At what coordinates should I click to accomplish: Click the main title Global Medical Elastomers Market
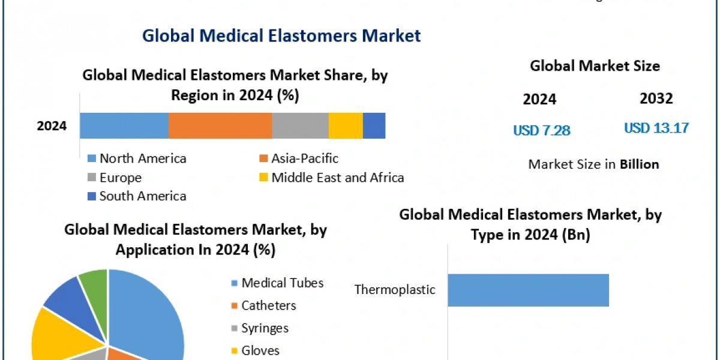(281, 35)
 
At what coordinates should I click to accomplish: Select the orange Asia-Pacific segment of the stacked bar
(220, 126)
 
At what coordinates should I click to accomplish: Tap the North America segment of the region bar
(124, 126)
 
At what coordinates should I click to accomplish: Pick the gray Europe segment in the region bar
(300, 126)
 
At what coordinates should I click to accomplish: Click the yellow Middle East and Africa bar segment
(346, 126)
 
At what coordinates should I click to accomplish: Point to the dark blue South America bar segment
(374, 126)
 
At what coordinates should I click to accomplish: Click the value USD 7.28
(541, 130)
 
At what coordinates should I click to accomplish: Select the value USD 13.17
(656, 128)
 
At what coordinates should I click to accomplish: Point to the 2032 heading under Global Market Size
(656, 99)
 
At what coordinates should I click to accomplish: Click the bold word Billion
(640, 164)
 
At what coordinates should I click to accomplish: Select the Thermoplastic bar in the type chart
(528, 290)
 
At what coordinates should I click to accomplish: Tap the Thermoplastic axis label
(394, 290)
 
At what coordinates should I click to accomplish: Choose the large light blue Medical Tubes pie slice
(150, 318)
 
